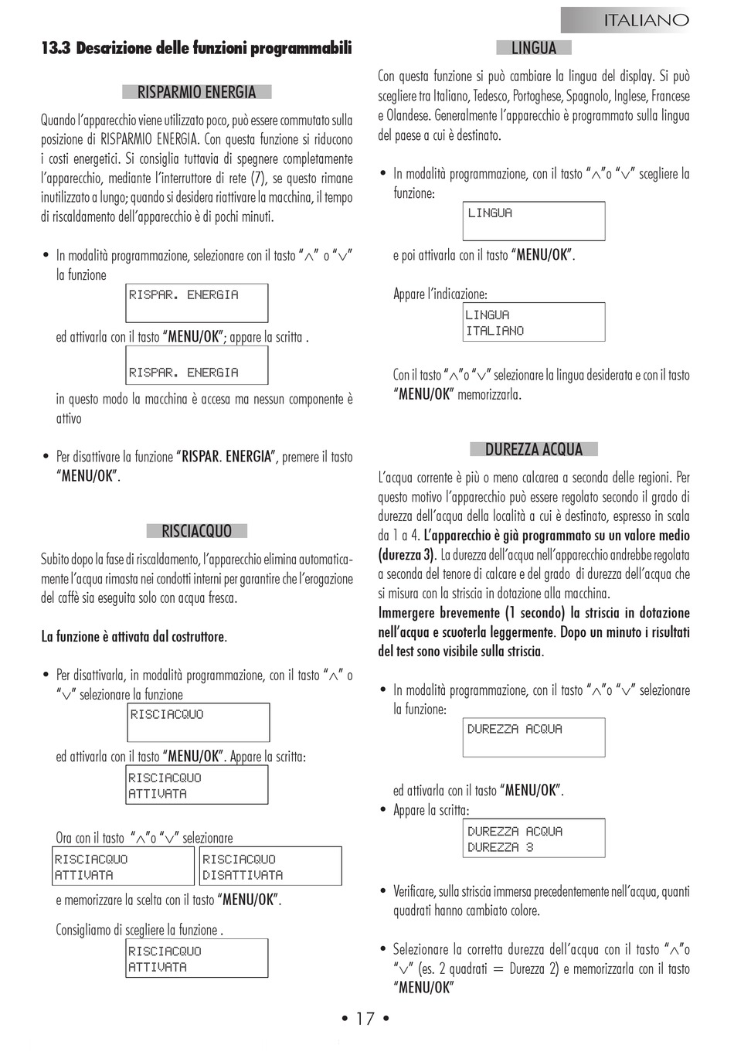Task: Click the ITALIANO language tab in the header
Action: (645, 20)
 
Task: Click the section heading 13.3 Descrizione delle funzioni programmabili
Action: (196, 49)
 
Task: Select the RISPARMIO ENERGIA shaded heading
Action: (196, 92)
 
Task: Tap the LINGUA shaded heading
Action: (533, 48)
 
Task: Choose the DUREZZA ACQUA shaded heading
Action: (533, 449)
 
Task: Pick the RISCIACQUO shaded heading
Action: (196, 531)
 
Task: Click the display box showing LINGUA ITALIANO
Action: (533, 322)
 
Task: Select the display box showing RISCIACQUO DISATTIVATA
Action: (270, 866)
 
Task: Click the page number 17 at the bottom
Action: (365, 1019)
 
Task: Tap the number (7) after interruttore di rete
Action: (260, 179)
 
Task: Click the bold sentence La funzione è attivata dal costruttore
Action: (134, 637)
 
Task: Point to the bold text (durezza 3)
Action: (407, 555)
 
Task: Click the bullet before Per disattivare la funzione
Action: (46, 457)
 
